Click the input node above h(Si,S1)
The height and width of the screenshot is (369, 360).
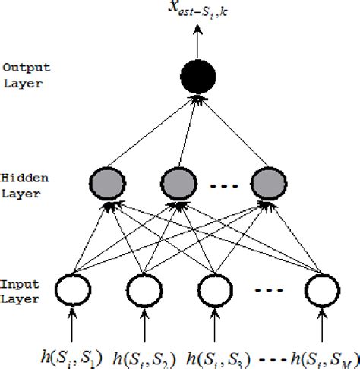point(74,288)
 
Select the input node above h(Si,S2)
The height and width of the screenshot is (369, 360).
point(144,288)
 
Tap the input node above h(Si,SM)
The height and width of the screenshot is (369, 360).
point(321,288)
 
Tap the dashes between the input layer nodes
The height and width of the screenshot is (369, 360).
point(269,289)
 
